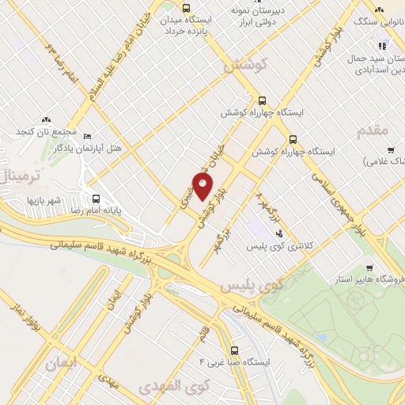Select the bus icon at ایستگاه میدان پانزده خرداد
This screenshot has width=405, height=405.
tap(187, 9)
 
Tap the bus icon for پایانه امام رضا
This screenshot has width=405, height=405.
tap(96, 199)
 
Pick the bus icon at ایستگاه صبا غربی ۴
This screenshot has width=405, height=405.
tap(233, 350)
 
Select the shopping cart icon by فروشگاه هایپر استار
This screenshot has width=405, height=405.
tap(369, 267)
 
